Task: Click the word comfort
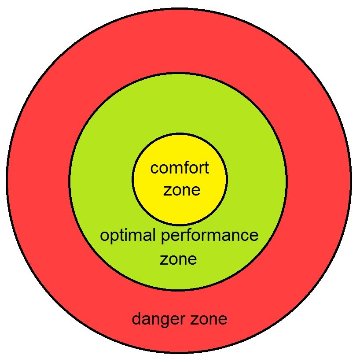180,168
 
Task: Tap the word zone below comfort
181,191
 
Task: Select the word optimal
127,236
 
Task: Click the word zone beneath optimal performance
178,259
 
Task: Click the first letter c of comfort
154,169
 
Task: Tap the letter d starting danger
136,318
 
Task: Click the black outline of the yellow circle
132,179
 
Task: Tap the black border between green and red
69,181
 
